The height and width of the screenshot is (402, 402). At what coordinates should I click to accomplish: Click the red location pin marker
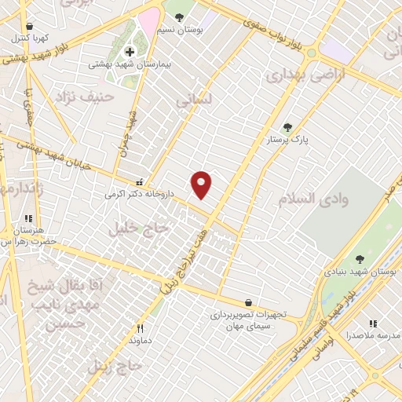[202, 184]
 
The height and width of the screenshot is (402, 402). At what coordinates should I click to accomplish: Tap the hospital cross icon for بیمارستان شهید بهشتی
[130, 52]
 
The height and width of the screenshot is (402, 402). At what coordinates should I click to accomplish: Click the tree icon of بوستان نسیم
[180, 16]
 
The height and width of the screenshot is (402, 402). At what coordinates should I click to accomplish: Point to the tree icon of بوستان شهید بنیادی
[360, 259]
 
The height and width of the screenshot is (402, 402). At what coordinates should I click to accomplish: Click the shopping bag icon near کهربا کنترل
[29, 27]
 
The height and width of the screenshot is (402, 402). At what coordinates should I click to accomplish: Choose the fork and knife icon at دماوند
[141, 329]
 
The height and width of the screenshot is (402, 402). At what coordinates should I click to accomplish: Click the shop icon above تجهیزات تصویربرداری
[248, 302]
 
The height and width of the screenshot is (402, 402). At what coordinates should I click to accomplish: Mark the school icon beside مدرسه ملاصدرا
[374, 323]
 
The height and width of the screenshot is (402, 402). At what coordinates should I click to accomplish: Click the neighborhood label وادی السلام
[334, 199]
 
